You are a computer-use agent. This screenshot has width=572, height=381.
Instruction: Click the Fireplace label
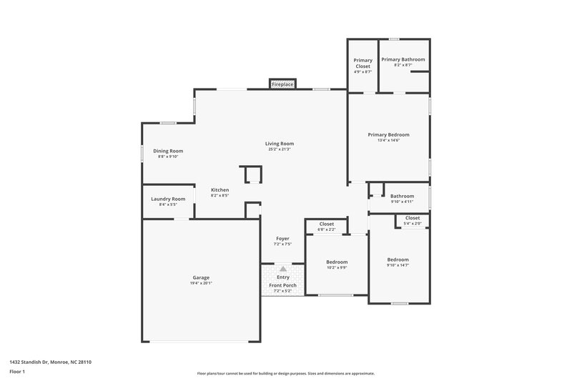[282, 84]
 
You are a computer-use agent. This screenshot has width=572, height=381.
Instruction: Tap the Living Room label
[281, 144]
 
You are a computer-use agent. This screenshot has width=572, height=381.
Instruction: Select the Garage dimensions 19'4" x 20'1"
[201, 283]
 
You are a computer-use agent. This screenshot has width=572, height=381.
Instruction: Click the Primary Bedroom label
[388, 134]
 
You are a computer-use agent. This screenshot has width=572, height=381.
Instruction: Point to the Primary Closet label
[363, 63]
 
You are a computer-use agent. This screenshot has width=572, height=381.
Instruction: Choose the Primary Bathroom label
[403, 59]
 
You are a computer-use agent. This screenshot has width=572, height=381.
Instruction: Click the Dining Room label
[168, 151]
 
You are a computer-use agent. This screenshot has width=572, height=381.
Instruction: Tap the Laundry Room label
[168, 199]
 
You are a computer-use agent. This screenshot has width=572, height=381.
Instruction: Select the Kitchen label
[220, 189]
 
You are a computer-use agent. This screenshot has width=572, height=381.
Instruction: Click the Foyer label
[283, 238]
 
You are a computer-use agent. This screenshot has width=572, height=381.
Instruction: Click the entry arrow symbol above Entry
[283, 268]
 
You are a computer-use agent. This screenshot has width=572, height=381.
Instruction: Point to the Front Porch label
[282, 285]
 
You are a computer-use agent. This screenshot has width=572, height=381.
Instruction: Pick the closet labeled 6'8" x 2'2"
[326, 229]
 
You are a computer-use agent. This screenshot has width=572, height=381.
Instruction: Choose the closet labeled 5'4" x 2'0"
[413, 224]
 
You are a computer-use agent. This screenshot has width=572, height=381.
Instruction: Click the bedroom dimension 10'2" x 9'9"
[337, 268]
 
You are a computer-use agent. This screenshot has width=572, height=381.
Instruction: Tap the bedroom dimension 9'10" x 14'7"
[398, 265]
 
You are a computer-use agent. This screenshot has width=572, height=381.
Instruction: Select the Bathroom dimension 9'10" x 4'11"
[402, 202]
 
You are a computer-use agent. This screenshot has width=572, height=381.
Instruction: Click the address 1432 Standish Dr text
[46, 362]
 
